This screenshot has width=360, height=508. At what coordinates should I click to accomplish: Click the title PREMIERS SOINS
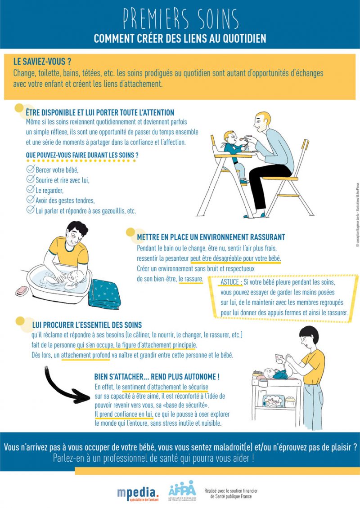180,18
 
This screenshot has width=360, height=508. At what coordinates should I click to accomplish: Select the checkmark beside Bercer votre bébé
31,169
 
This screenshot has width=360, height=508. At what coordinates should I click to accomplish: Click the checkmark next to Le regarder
31,189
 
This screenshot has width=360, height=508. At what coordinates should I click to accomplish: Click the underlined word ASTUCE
229,282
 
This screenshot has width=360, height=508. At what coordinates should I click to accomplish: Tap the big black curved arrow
65,387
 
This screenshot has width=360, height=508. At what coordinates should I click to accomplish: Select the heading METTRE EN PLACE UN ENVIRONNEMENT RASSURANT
211,237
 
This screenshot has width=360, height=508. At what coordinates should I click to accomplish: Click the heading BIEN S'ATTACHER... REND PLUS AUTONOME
157,376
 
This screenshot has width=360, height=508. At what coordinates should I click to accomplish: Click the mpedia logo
137,492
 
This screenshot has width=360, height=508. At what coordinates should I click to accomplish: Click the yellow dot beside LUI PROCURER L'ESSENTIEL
19,321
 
